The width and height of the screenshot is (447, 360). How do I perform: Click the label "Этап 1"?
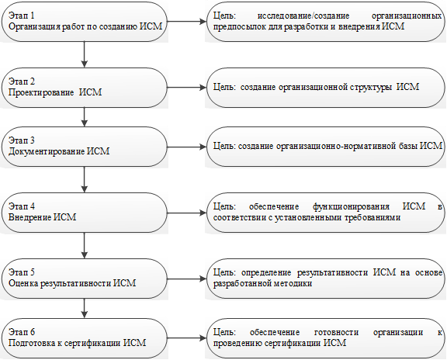coord(22,16)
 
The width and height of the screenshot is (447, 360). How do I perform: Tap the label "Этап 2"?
coord(22,81)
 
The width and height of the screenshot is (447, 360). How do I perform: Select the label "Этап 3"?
coord(22,140)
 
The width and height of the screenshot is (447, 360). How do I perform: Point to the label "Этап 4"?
coord(22,206)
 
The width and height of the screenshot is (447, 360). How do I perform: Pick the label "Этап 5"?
coord(22,272)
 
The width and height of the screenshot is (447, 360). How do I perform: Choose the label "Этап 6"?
coord(22,332)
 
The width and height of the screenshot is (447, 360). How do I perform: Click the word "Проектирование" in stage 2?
coord(41,92)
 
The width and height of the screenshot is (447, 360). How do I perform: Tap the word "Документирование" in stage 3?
coord(47,151)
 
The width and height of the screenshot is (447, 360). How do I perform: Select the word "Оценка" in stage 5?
coord(23,283)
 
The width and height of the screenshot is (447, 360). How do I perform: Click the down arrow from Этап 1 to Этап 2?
coord(84,54)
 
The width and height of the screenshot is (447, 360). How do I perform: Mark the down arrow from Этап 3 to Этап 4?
coord(84,179)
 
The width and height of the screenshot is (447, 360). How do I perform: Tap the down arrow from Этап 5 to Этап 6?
coord(84,308)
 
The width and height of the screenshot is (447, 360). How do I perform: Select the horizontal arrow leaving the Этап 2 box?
coord(186,87)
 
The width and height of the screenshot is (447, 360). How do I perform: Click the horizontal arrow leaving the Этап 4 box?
coord(186,213)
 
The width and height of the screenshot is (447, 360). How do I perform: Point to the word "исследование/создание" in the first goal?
coord(303,16)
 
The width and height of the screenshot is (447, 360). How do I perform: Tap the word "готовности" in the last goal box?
coord(336,332)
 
